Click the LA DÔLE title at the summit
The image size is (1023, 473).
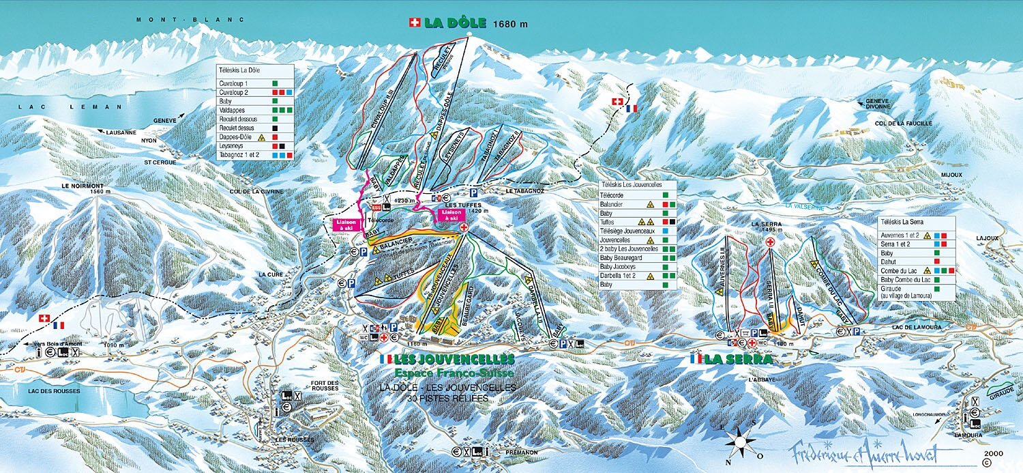pos(455,23)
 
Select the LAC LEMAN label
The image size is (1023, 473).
pos(42,107)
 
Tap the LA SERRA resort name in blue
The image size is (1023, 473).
pos(739,359)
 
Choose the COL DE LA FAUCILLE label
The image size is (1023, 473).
pos(903,123)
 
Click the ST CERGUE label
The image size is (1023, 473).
pos(160,162)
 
